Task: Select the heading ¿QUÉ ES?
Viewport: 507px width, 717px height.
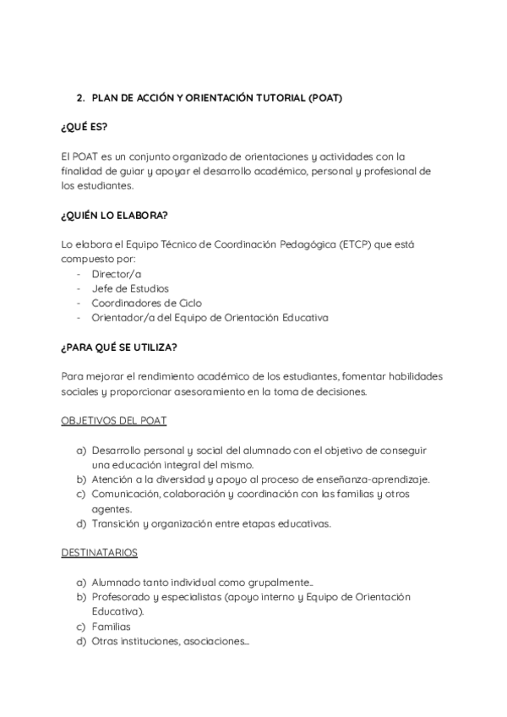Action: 84,127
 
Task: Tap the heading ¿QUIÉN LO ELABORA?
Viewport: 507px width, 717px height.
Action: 114,215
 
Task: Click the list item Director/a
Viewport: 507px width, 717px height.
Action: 117,273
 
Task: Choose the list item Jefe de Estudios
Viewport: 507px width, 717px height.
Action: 130,288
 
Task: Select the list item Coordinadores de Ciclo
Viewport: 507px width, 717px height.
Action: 146,303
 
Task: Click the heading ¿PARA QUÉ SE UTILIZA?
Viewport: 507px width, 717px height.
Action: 119,348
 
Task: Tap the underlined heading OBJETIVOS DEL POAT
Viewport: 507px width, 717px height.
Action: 113,420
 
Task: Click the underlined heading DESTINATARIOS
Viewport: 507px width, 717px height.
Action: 99,552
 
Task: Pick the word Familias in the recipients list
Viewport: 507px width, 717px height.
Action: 111,627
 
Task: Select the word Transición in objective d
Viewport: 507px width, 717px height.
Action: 117,523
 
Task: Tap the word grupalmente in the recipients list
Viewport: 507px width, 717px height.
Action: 282,583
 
